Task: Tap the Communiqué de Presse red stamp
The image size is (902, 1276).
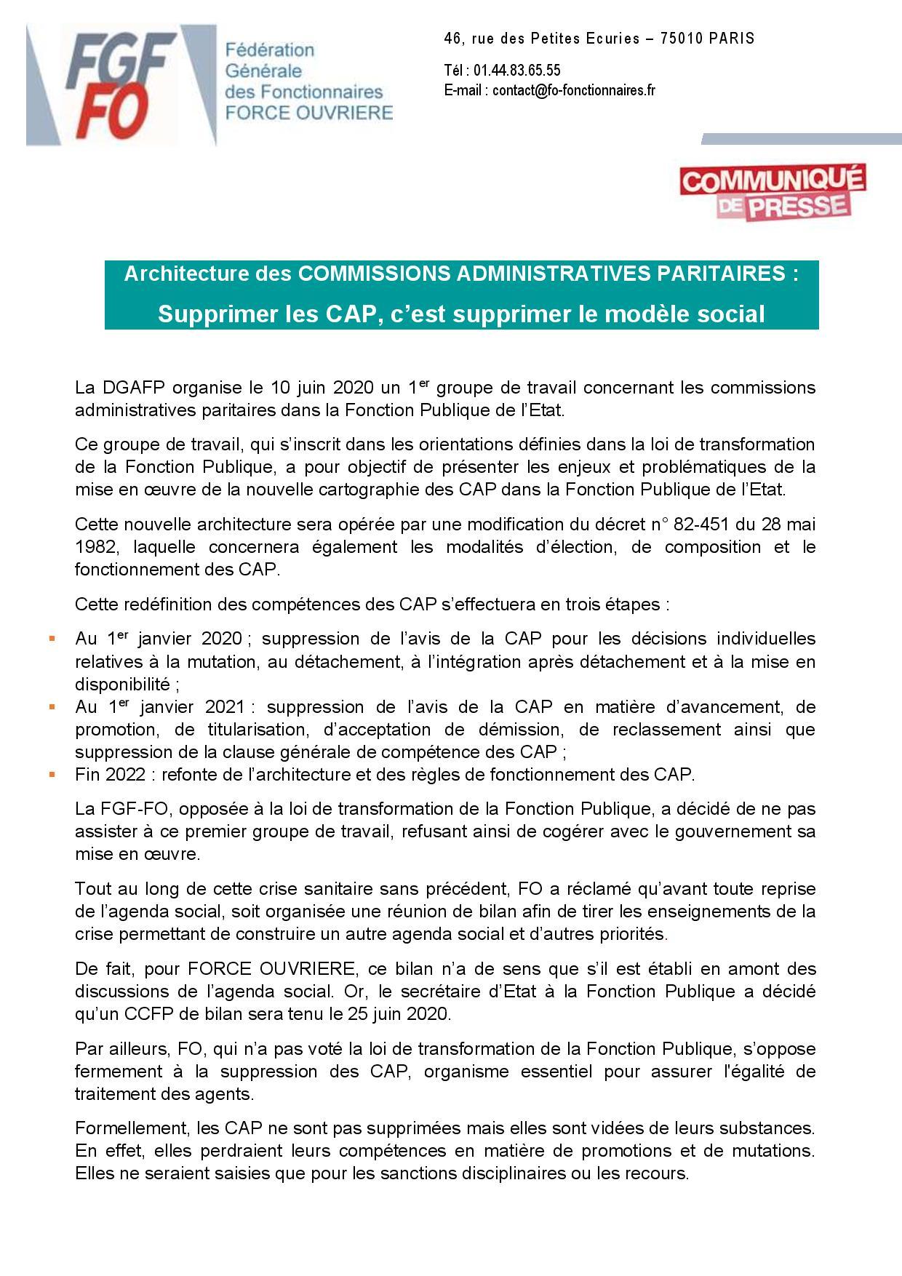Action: [772, 191]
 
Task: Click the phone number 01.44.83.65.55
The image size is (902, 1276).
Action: [517, 71]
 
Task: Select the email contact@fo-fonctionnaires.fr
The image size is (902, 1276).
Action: [574, 90]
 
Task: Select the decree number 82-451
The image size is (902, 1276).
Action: [679, 524]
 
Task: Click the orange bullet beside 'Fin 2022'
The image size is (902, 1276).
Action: [52, 774]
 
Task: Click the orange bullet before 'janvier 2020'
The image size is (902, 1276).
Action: [52, 639]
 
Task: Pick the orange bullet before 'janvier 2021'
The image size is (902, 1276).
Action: [52, 706]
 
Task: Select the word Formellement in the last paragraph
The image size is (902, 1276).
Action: [132, 1128]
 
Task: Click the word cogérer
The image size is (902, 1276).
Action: [601, 831]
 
